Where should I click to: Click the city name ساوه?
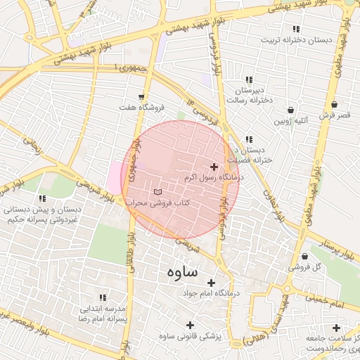click(x=182, y=271)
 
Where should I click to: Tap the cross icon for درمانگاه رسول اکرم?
click(x=214, y=167)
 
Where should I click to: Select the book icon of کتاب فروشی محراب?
click(x=157, y=191)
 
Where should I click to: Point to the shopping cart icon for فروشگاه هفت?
click(x=142, y=96)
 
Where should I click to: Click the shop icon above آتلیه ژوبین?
click(x=291, y=110)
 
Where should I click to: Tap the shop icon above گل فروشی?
click(x=304, y=256)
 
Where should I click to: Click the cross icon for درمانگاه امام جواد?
click(x=211, y=282)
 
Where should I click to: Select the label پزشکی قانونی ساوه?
click(x=191, y=336)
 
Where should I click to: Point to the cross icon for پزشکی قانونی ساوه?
click(x=190, y=325)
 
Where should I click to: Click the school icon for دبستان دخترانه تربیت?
click(x=296, y=29)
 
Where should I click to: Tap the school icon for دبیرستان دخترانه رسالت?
click(x=248, y=79)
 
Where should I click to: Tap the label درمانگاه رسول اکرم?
click(x=211, y=179)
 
